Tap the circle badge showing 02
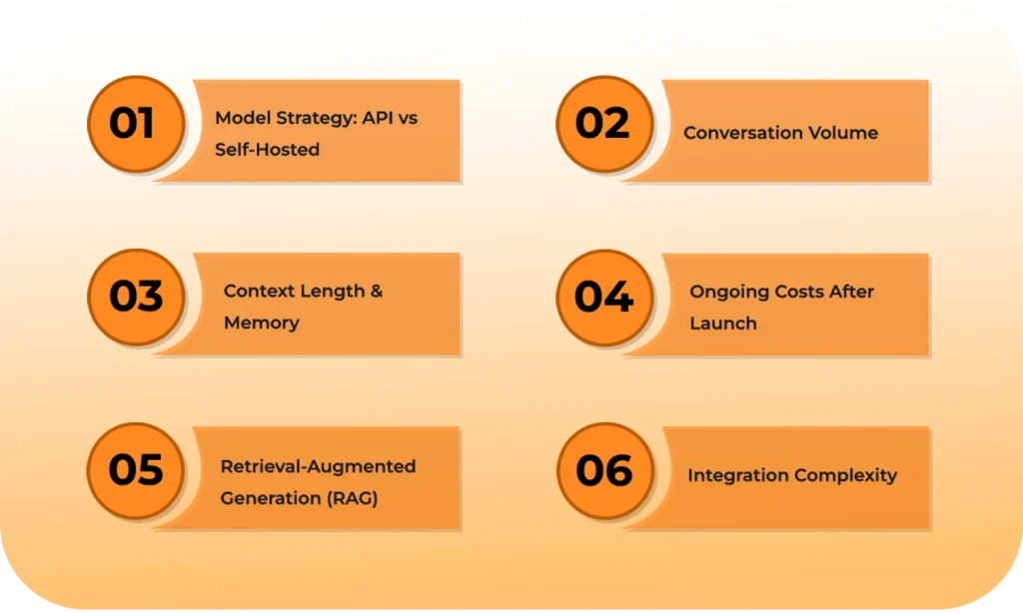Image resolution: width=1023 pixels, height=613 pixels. tap(603, 124)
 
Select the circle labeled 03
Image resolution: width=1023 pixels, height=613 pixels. tap(136, 298)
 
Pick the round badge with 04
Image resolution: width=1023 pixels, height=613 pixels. tap(603, 298)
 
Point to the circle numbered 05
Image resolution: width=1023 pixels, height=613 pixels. tap(136, 470)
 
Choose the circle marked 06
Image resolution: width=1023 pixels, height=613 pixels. tap(603, 470)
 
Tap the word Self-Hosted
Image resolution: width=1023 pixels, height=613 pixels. tap(267, 150)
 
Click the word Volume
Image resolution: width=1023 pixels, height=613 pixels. tap(843, 133)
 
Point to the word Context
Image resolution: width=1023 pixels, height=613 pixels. tap(259, 292)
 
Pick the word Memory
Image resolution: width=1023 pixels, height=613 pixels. tap(261, 323)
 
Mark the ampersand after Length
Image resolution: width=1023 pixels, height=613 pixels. tap(377, 292)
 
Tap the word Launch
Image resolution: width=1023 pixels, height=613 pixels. tap(723, 323)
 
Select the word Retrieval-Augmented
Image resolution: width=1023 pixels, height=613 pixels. tap(318, 466)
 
